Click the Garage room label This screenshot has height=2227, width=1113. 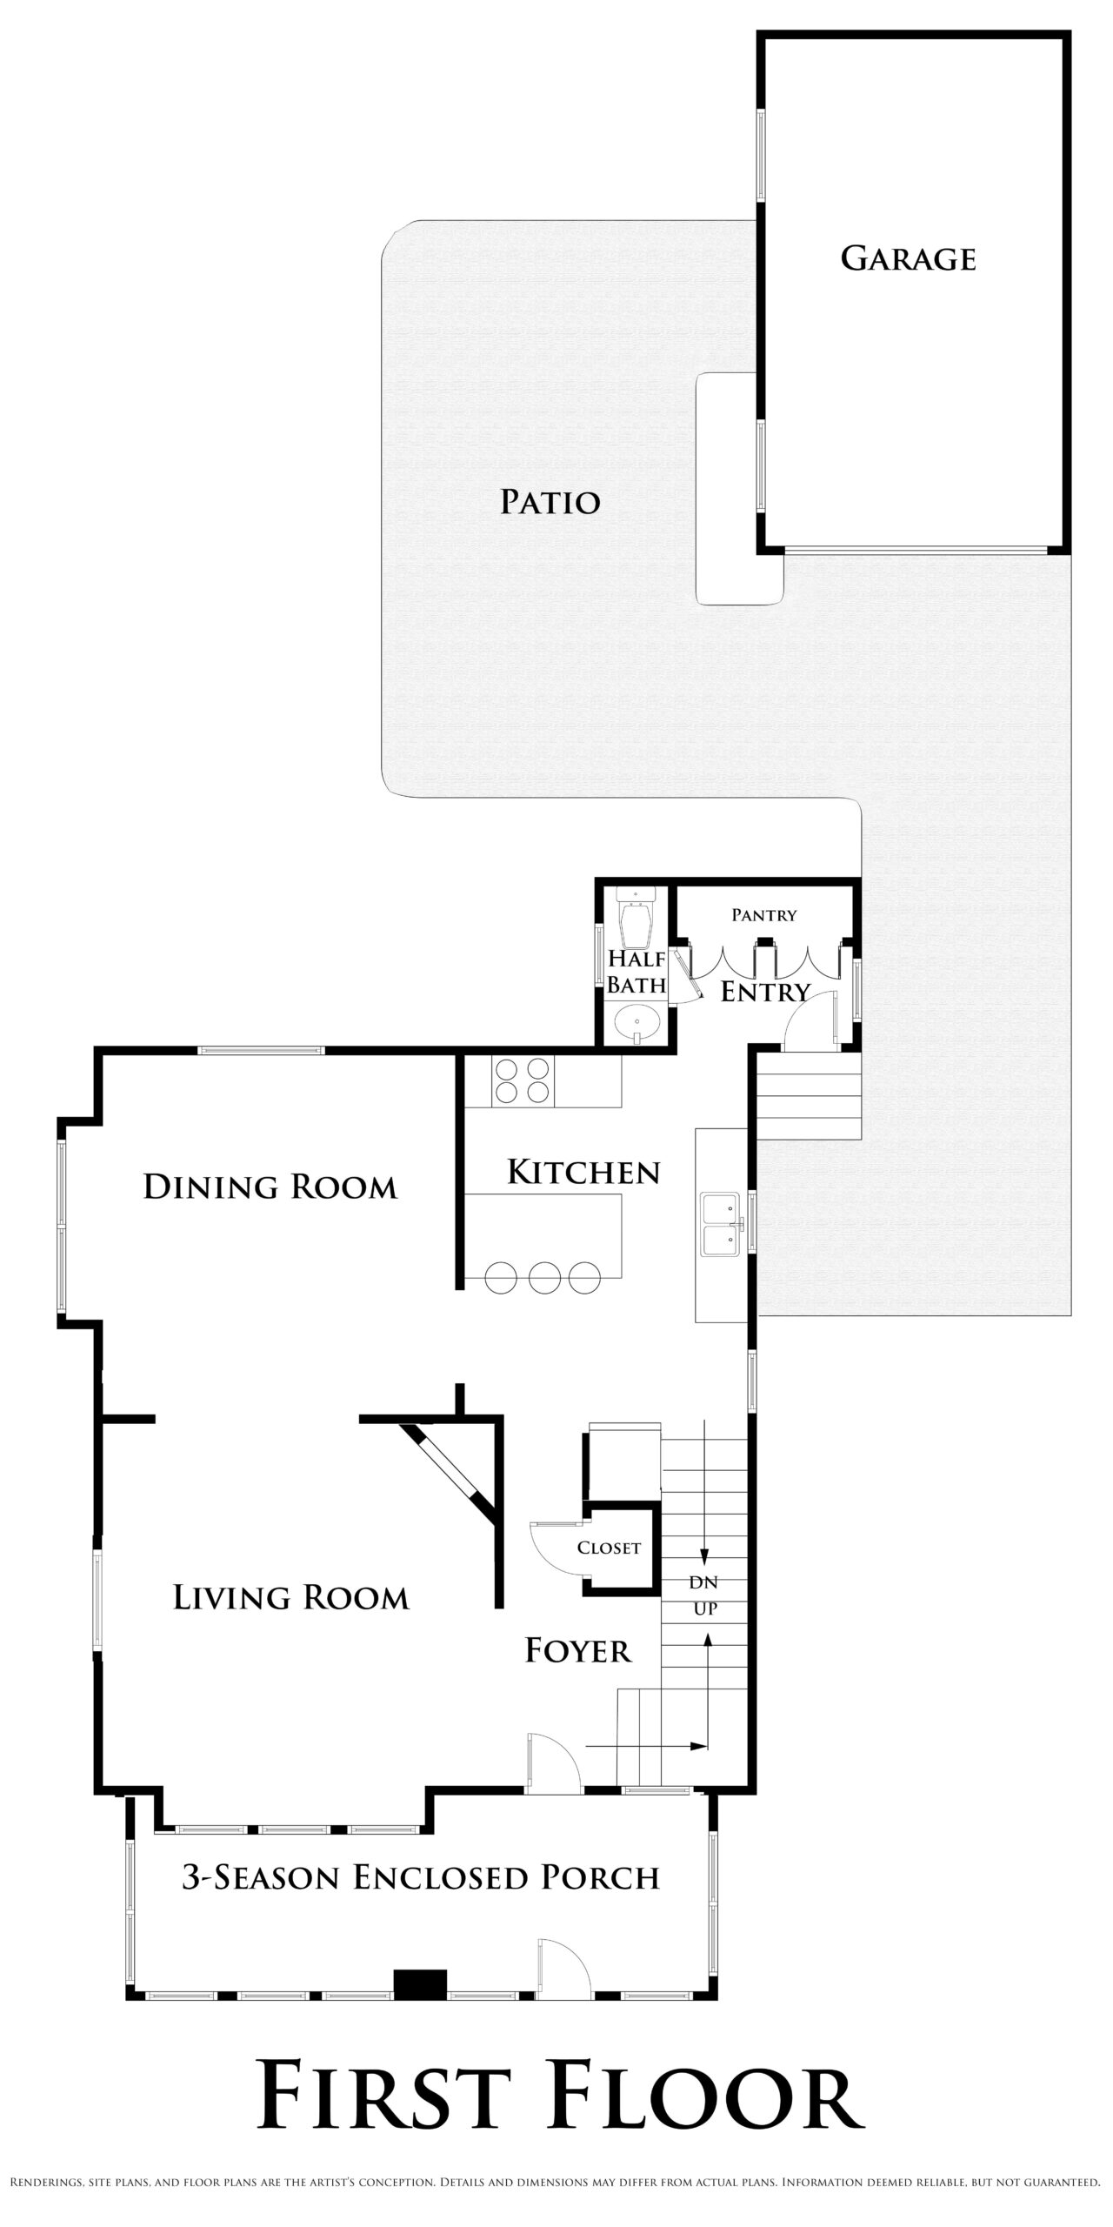(x=908, y=258)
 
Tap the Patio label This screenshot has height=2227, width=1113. (x=550, y=502)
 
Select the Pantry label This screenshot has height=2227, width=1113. (x=764, y=914)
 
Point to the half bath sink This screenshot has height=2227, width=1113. (x=638, y=1023)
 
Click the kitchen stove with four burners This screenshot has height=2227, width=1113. (x=522, y=1080)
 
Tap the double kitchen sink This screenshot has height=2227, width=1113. (x=720, y=1225)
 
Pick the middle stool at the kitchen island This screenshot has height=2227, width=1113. (x=545, y=1277)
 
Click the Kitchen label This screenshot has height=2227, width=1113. (x=583, y=1172)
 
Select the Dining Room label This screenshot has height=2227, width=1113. (x=270, y=1187)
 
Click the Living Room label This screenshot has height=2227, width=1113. (x=291, y=1597)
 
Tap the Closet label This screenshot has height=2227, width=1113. (x=609, y=1548)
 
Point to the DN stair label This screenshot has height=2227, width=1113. (x=704, y=1582)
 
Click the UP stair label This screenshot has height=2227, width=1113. (x=705, y=1608)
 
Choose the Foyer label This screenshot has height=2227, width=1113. (x=578, y=1650)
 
